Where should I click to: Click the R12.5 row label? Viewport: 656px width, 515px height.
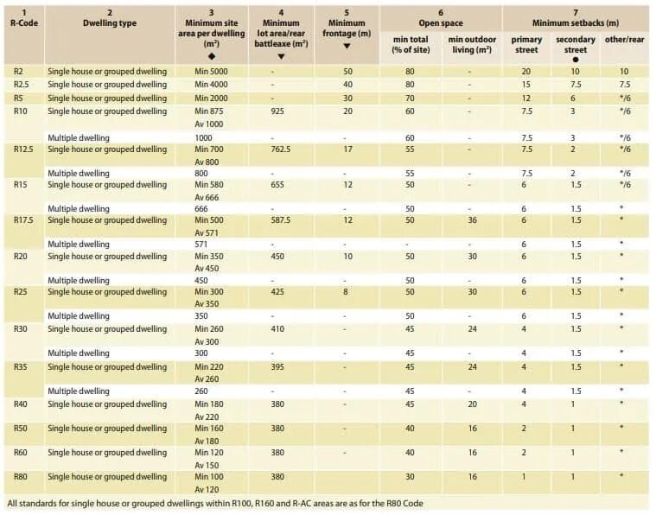point(23,149)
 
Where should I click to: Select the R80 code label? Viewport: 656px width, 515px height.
point(19,476)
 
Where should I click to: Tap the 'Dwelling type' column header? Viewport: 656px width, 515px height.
point(110,23)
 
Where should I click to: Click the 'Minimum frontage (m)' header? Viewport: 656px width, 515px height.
point(347,29)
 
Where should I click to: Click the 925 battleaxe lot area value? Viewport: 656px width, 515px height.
point(277,111)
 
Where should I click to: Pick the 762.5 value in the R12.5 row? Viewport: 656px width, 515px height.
point(281,149)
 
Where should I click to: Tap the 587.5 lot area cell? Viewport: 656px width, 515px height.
point(281,220)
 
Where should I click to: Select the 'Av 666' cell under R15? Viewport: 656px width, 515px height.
point(208,197)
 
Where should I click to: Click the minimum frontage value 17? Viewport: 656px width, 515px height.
point(347,149)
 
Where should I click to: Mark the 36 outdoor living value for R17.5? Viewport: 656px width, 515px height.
point(472,220)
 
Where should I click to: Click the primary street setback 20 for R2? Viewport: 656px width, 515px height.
point(525,72)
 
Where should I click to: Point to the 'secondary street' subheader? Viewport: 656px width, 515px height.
point(575,45)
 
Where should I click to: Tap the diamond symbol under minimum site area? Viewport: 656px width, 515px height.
point(212,56)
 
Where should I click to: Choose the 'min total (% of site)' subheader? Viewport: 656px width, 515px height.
point(411,45)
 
